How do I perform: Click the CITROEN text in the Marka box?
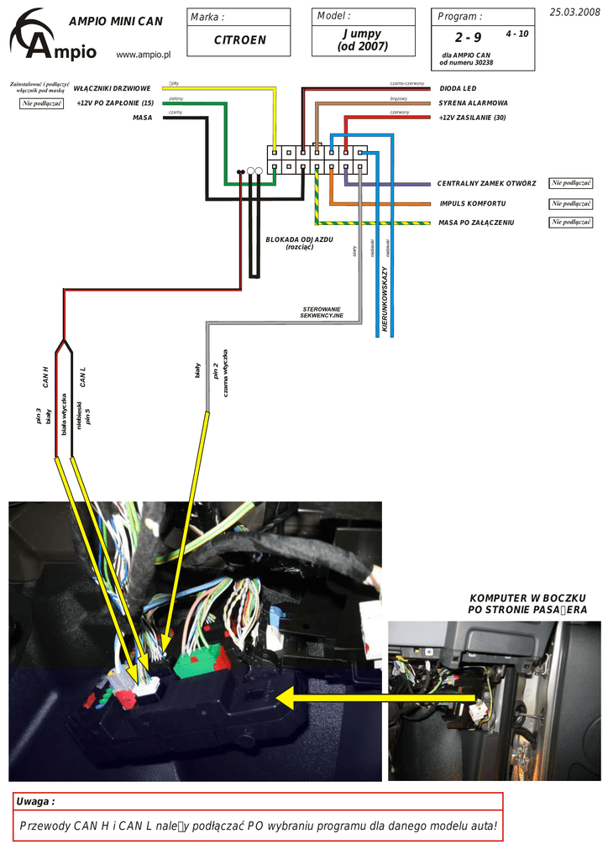pyautogui.click(x=239, y=40)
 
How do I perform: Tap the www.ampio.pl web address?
pyautogui.click(x=143, y=55)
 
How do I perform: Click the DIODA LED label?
pyautogui.click(x=458, y=88)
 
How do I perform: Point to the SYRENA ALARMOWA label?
pyautogui.click(x=473, y=103)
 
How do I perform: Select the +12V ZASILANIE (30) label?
pyautogui.click(x=472, y=118)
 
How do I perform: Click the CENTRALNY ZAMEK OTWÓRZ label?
pyautogui.click(x=486, y=183)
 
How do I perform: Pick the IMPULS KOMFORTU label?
pyautogui.click(x=472, y=203)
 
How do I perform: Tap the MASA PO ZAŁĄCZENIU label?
pyautogui.click(x=476, y=223)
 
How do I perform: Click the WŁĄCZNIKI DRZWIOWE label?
pyautogui.click(x=112, y=87)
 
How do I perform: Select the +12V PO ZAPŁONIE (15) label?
pyautogui.click(x=114, y=102)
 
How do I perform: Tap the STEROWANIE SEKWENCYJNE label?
pyautogui.click(x=322, y=312)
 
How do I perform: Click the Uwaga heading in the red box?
pyautogui.click(x=35, y=802)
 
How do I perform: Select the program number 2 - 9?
pyautogui.click(x=469, y=38)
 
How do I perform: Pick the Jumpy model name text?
pyautogui.click(x=362, y=34)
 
